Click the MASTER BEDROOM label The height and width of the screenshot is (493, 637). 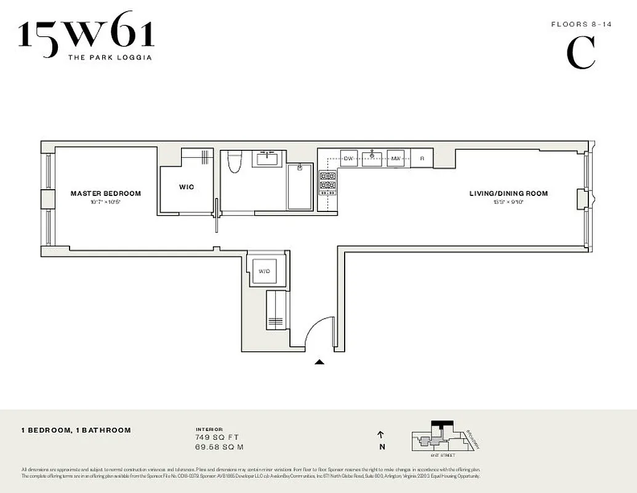[105, 194]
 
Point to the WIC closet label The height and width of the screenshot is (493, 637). [186, 187]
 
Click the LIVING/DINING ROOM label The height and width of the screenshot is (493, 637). [508, 194]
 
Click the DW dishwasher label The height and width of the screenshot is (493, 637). [349, 158]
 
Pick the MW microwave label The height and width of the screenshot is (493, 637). [396, 158]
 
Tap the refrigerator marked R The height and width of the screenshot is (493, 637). [422, 158]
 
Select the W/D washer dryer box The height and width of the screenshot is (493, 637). [265, 271]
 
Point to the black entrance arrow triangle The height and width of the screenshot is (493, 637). [319, 362]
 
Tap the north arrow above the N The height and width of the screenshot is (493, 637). [382, 434]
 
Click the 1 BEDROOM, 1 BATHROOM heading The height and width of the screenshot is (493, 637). [76, 430]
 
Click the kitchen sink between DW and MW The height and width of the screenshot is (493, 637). [372, 158]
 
